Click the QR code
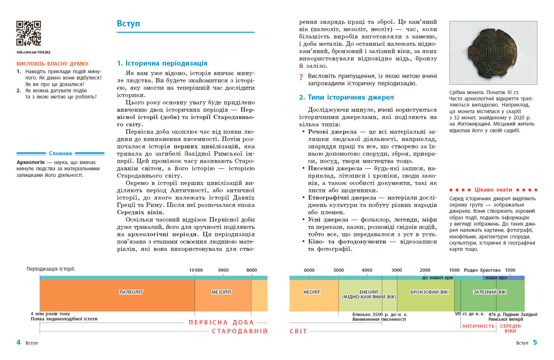pos(29,33)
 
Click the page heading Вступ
pos(128,23)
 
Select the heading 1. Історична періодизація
pos(162,63)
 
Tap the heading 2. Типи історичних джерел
pos(346,97)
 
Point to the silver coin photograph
pos(493,53)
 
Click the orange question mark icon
pos(301,77)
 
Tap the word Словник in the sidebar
pos(60,153)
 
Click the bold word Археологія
pos(31,162)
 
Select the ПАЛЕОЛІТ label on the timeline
pos(131,292)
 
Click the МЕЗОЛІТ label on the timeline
pos(221,292)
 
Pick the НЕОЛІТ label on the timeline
pos(312,292)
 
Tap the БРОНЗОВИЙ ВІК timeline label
pos(429,292)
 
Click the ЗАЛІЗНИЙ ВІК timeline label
pos(490,292)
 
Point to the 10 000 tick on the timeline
pos(196,270)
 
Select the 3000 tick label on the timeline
pos(396,270)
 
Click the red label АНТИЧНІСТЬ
pos(478,326)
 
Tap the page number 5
pos(535,342)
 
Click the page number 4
pos(18,342)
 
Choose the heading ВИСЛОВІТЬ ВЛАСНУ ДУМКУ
pos(52,64)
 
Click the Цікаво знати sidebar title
pos(493,190)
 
